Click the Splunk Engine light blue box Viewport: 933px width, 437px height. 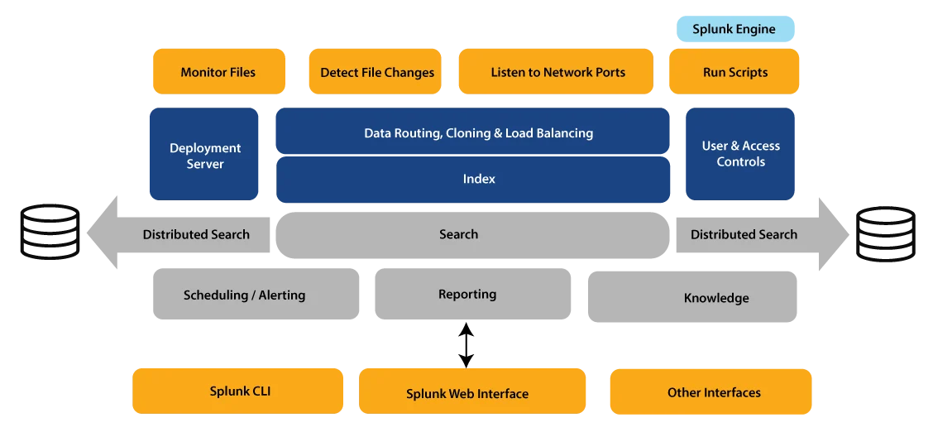click(734, 30)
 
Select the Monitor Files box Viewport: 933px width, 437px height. click(218, 72)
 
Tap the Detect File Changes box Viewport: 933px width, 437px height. click(377, 72)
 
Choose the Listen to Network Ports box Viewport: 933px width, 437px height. click(557, 72)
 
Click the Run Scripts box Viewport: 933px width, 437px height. click(734, 72)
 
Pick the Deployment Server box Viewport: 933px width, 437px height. click(205, 156)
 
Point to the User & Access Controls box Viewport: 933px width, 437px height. click(740, 154)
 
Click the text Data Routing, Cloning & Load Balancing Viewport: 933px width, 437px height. click(478, 133)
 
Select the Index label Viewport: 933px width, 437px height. click(479, 179)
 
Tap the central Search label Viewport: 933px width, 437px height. click(458, 234)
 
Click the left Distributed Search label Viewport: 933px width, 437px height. click(196, 234)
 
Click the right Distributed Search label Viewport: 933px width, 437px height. click(744, 234)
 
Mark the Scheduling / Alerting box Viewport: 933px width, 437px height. click(244, 295)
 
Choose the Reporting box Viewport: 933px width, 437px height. click(467, 295)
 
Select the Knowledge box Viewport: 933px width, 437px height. click(716, 298)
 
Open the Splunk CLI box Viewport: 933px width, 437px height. click(239, 391)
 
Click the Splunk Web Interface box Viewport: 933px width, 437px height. click(467, 393)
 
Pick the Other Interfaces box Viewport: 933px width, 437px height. click(713, 392)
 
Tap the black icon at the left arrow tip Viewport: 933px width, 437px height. click(51, 235)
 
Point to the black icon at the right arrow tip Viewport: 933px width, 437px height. click(887, 235)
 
